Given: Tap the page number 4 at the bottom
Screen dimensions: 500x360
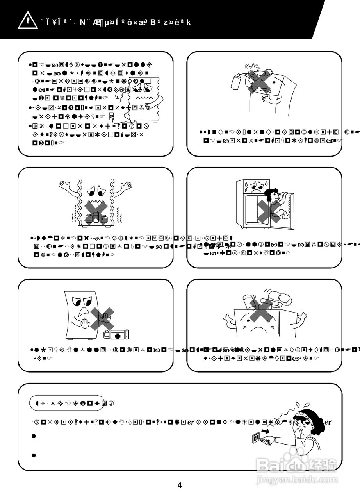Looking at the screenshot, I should pyautogui.click(x=180, y=486).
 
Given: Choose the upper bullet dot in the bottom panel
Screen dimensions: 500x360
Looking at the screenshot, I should pyautogui.click(x=34, y=436).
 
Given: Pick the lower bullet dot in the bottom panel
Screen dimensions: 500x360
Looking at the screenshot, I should pyautogui.click(x=34, y=455).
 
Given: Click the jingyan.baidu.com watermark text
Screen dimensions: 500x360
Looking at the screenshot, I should pyautogui.click(x=297, y=479).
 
